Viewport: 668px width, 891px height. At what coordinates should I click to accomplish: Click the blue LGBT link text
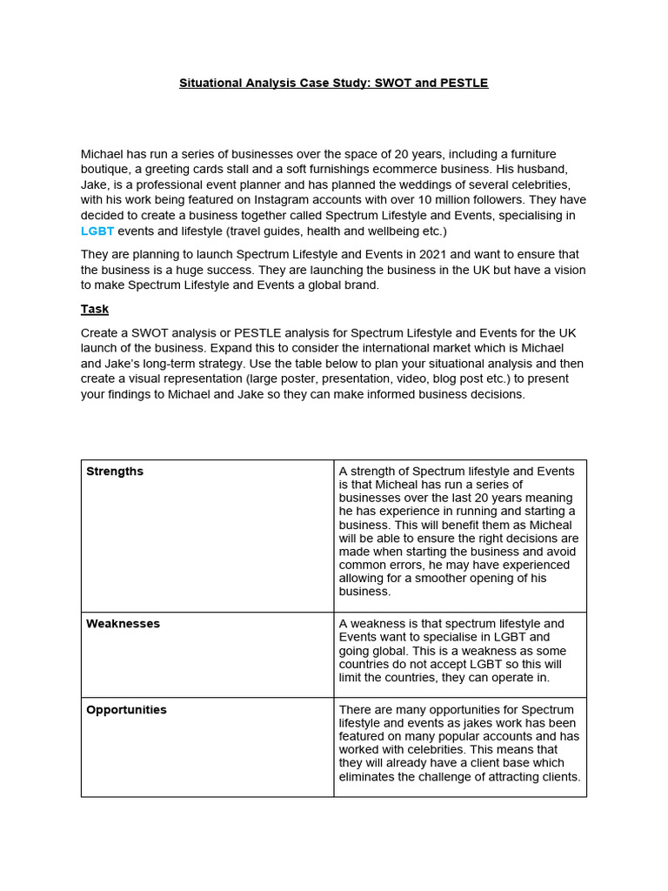tap(97, 231)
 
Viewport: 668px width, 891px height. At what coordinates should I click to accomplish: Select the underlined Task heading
tap(95, 309)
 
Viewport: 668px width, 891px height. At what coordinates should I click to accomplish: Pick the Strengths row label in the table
tap(115, 472)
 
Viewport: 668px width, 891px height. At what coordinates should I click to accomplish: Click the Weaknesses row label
tap(123, 624)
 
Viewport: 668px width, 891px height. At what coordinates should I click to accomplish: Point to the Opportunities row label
tap(126, 710)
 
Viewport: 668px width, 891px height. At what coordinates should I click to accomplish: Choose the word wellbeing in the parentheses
tap(386, 231)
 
